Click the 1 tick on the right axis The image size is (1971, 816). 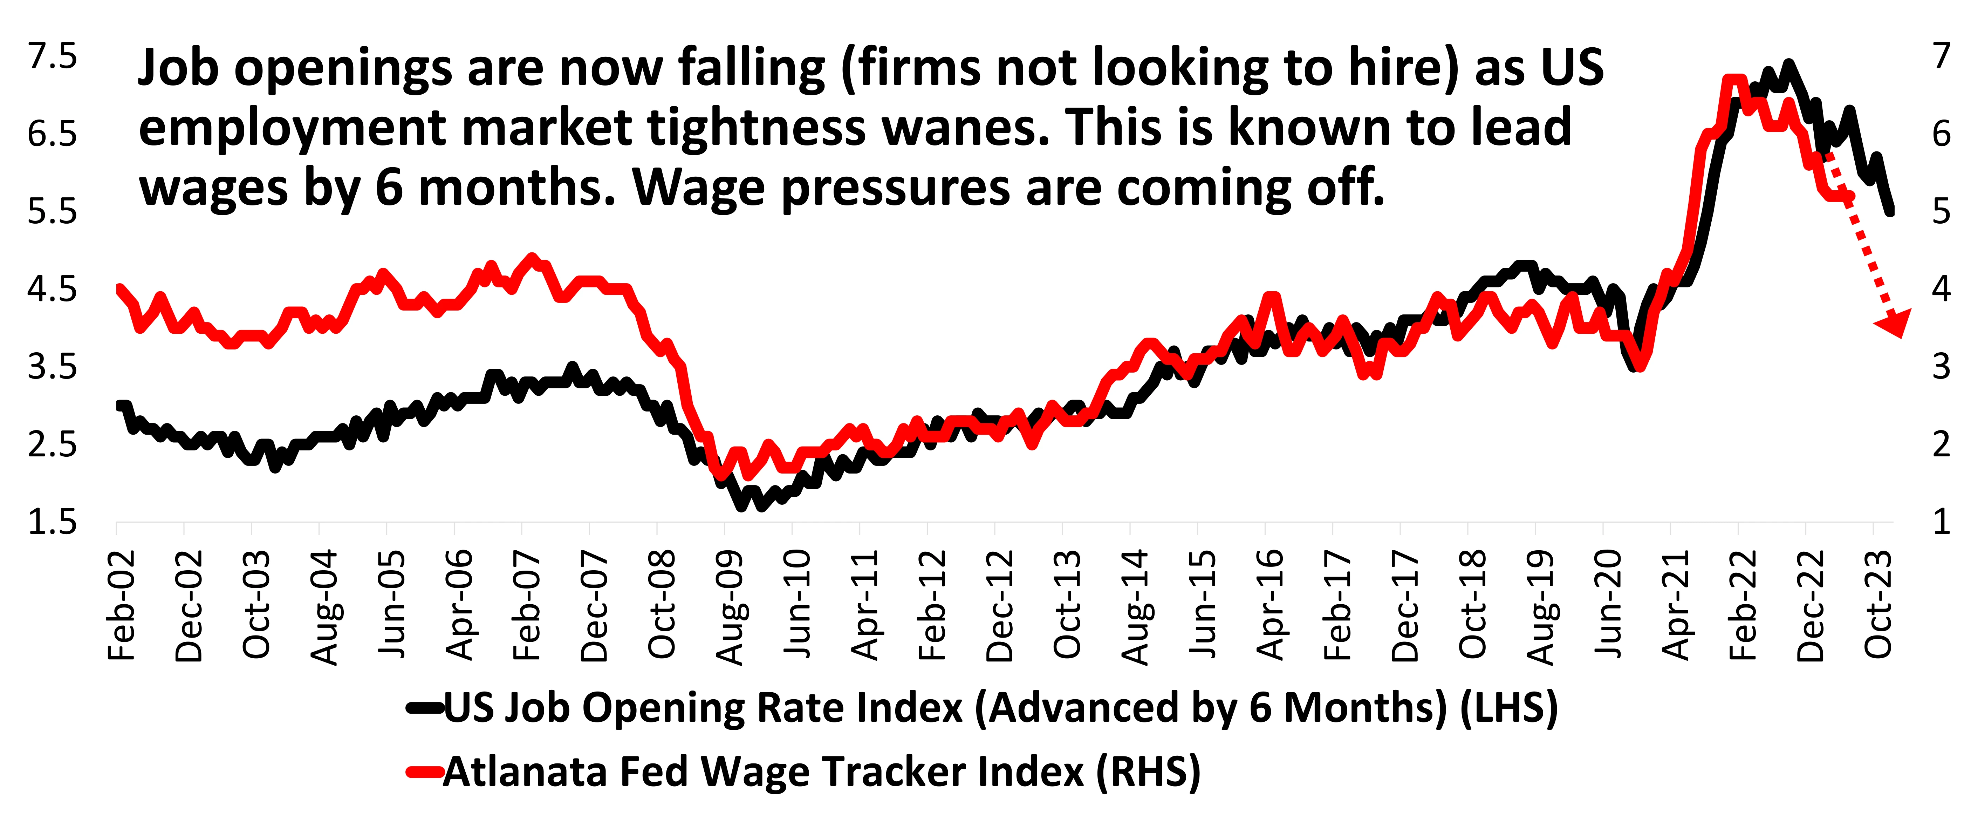click(1941, 522)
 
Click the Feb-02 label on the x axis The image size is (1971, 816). click(122, 605)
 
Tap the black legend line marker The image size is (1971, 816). click(425, 708)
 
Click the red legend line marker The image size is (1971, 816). click(425, 771)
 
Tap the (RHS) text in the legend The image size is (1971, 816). click(1148, 771)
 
